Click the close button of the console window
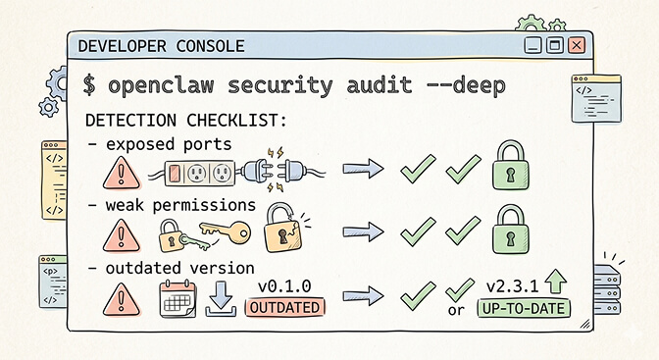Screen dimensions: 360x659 click(577, 45)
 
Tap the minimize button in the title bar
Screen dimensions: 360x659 click(533, 45)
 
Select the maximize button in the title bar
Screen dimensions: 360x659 click(555, 45)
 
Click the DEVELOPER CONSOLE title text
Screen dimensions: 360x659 click(161, 45)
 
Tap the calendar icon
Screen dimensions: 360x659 click(177, 298)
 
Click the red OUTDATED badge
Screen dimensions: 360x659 click(283, 308)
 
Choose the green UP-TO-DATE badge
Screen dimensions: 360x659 click(524, 308)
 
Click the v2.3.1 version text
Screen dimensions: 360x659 click(513, 286)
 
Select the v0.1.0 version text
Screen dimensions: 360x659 click(284, 286)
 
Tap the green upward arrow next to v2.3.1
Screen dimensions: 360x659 click(557, 283)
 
